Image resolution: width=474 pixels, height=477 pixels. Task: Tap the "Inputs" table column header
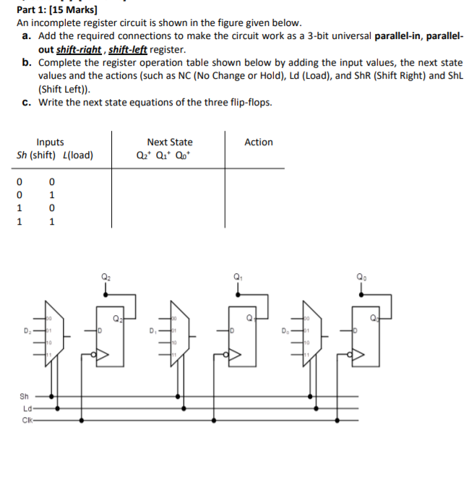[50, 142]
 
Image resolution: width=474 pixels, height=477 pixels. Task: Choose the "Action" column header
[259, 142]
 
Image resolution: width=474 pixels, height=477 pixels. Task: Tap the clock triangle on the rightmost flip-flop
[358, 355]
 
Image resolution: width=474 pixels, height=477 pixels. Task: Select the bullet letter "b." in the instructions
[27, 63]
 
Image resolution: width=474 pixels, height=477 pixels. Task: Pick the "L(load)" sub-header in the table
[78, 155]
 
